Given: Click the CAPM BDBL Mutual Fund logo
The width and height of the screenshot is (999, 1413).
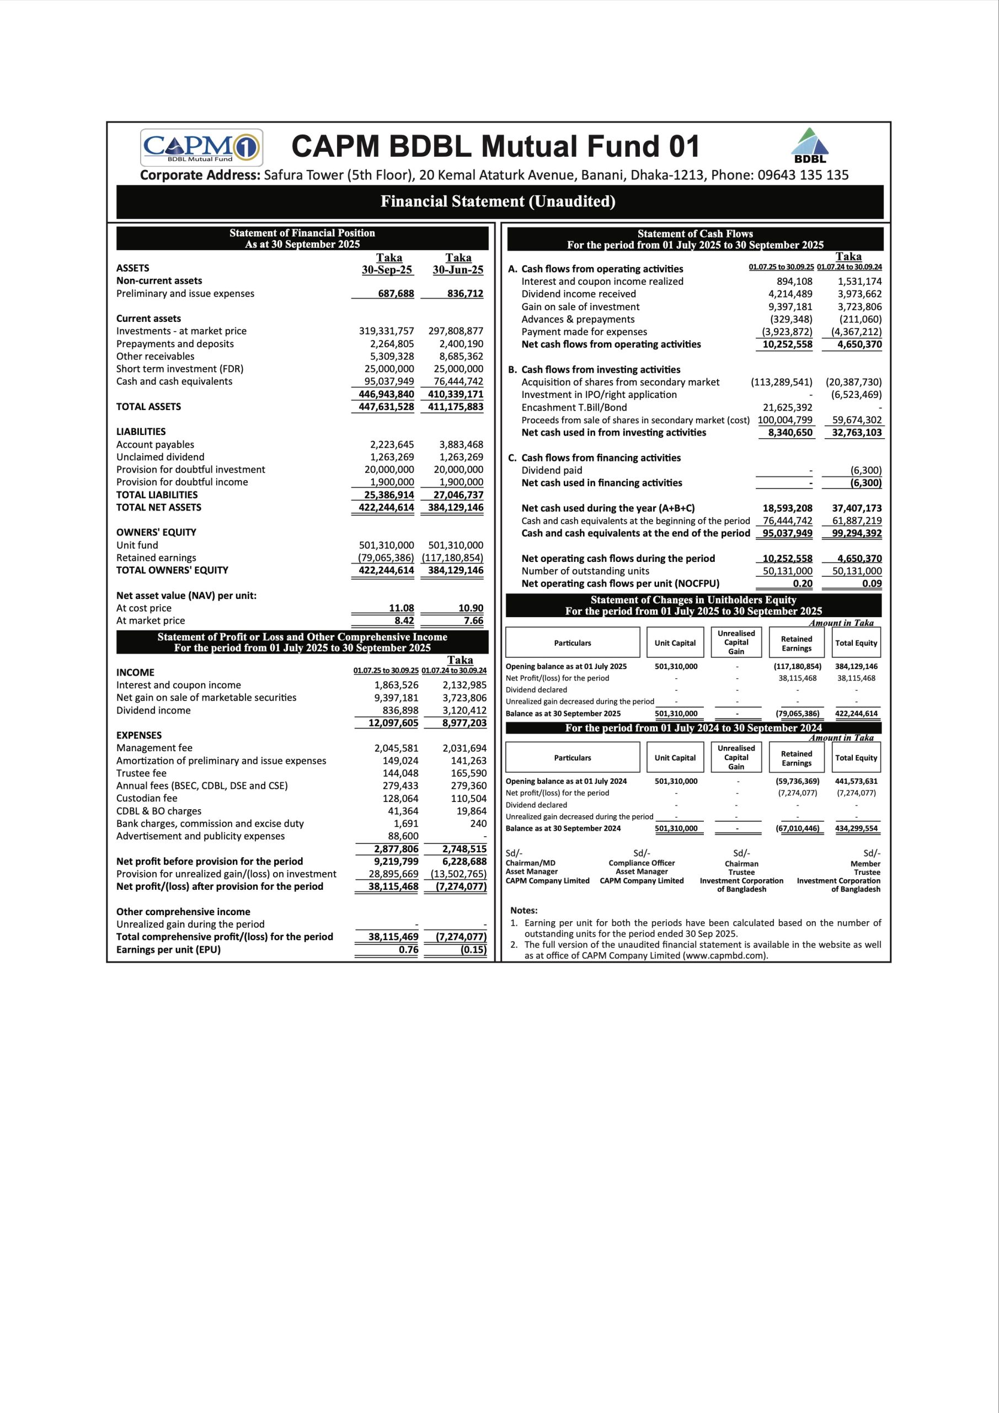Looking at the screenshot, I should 202,147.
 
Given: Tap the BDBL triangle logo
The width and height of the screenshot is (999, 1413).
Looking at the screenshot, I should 810,145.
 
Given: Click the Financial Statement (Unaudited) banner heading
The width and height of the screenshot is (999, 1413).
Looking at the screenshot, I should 498,201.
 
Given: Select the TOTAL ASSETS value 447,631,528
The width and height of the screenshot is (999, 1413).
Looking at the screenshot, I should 386,407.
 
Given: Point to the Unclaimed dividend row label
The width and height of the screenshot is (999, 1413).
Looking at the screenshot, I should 160,456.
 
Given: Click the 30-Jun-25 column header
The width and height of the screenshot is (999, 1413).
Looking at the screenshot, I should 458,269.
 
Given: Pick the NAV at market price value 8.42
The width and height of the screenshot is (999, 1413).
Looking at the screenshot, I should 404,620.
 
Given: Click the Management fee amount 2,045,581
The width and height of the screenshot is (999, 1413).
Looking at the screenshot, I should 396,748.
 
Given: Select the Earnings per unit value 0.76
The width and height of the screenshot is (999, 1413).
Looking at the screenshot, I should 408,949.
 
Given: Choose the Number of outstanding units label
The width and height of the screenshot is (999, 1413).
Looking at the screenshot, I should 585,571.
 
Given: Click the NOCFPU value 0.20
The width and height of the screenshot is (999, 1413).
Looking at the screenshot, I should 802,583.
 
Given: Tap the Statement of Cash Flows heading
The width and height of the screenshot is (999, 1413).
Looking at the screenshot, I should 695,233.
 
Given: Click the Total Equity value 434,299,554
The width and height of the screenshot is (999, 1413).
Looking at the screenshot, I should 856,828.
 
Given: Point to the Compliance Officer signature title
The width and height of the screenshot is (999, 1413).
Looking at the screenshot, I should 642,863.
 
